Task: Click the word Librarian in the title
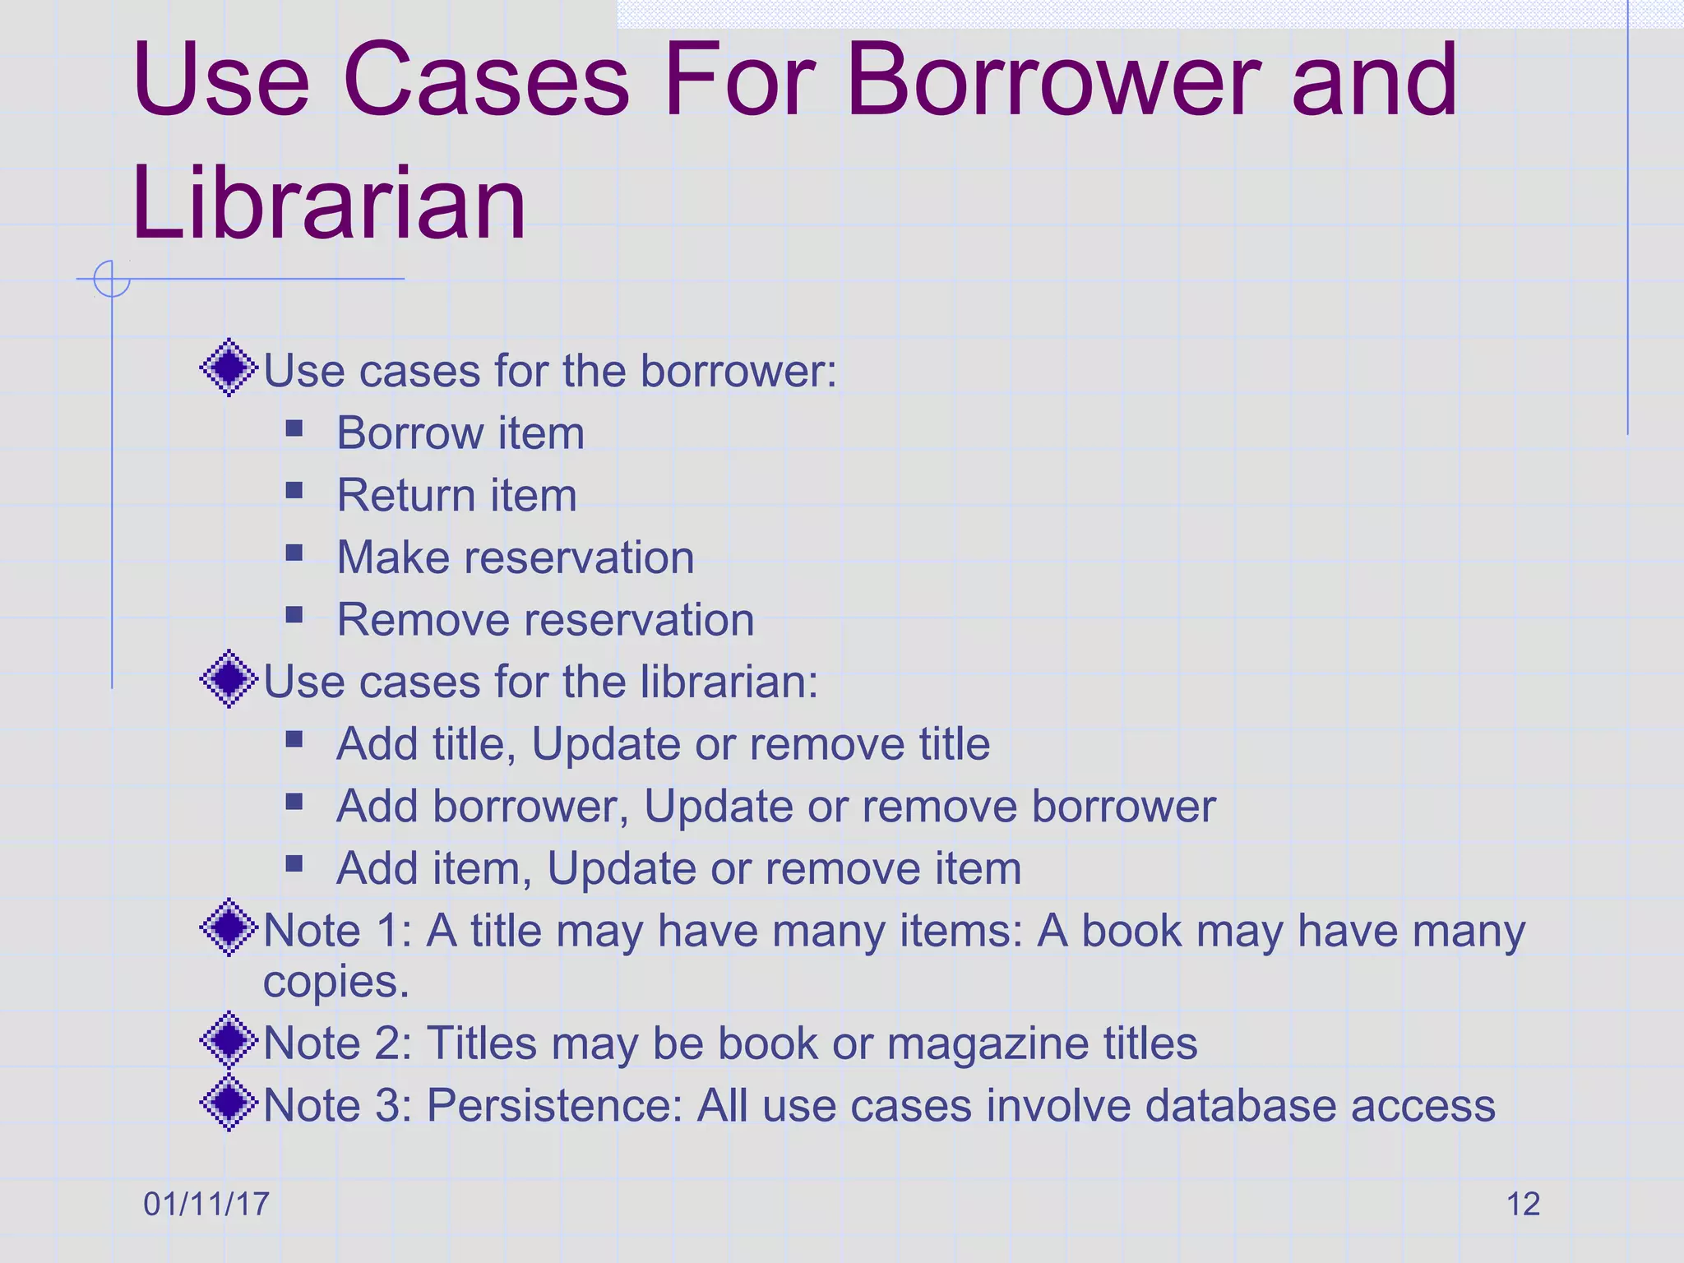(x=328, y=202)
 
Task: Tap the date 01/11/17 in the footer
(x=206, y=1204)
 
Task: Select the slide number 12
(x=1523, y=1204)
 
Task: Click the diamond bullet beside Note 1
(x=229, y=928)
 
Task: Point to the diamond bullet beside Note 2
(x=229, y=1040)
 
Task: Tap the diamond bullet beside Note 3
(x=229, y=1103)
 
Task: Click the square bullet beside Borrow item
(x=294, y=428)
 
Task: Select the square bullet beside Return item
(x=294, y=491)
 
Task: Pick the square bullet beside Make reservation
(x=294, y=553)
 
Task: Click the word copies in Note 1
(x=335, y=982)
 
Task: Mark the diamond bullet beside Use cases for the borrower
(x=229, y=368)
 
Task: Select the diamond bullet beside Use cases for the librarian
(x=229, y=678)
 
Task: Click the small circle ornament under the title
(x=112, y=279)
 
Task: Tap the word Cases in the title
(x=486, y=81)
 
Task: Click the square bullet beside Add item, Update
(x=294, y=863)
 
